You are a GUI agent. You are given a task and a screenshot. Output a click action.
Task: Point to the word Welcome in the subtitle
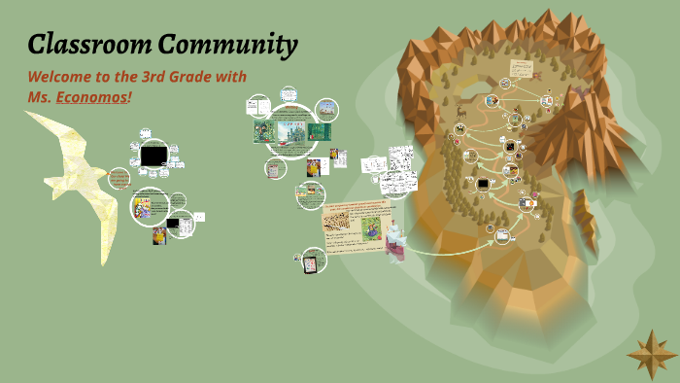pyautogui.click(x=62, y=77)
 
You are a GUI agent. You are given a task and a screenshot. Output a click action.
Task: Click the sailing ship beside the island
pyautogui.click(x=395, y=241)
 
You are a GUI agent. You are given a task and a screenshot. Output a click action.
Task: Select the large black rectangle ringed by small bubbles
pyautogui.click(x=153, y=155)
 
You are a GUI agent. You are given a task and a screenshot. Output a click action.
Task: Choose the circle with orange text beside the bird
pyautogui.click(x=119, y=179)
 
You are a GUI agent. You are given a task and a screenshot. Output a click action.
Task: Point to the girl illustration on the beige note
pyautogui.click(x=372, y=228)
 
